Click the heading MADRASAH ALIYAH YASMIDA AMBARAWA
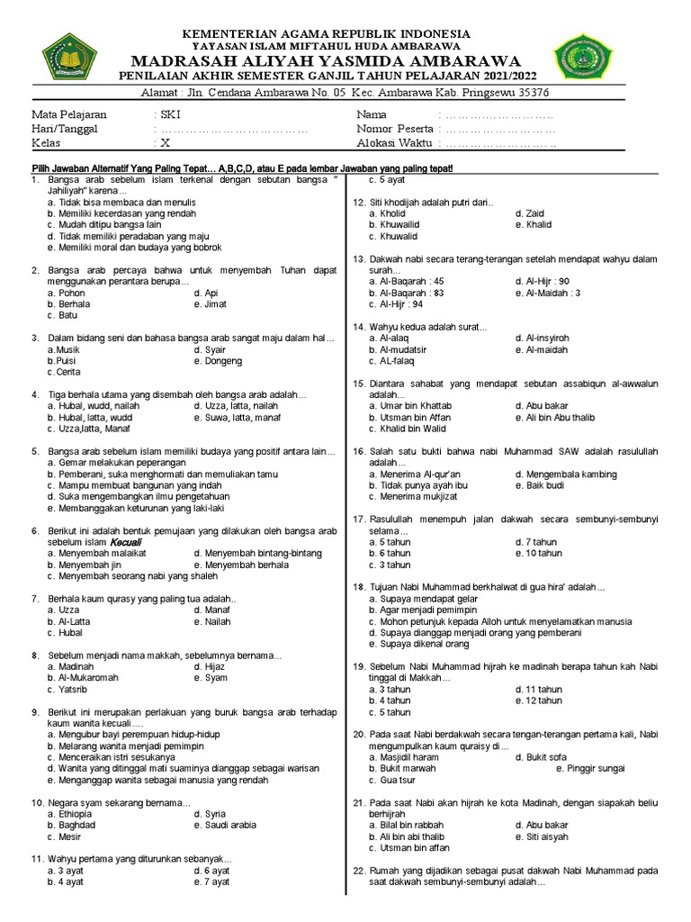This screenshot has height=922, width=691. click(326, 60)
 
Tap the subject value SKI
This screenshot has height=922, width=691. click(169, 115)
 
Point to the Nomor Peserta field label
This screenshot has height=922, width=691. click(394, 129)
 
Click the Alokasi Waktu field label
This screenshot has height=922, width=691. click(394, 143)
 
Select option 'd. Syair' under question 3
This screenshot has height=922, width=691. click(210, 349)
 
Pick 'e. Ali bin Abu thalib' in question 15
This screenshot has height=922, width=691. click(555, 418)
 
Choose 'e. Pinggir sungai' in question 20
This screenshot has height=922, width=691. click(590, 769)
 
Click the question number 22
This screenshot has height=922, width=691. click(358, 871)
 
